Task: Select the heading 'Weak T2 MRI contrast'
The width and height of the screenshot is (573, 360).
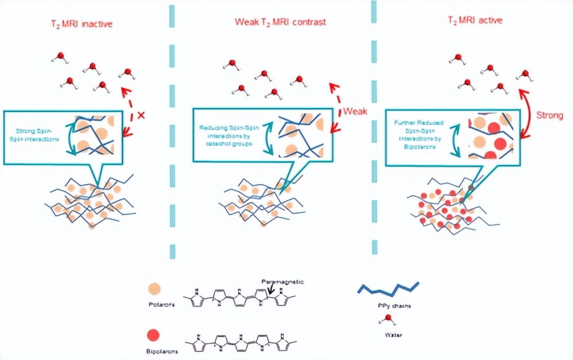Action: (280, 23)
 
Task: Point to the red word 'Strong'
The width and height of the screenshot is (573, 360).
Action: (549, 115)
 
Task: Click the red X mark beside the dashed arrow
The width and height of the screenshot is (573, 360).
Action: (141, 115)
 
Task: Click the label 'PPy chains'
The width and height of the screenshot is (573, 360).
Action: (389, 305)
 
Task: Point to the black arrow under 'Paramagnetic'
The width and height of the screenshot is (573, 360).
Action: (274, 289)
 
